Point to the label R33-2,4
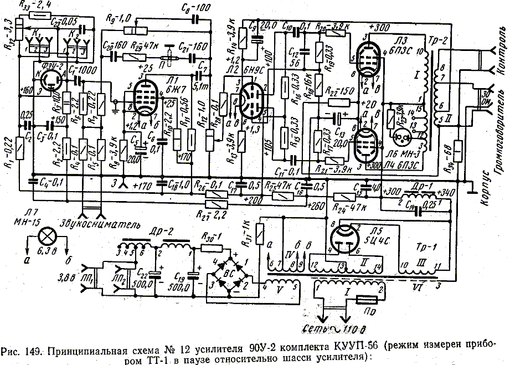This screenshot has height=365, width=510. click(x=34, y=6)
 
